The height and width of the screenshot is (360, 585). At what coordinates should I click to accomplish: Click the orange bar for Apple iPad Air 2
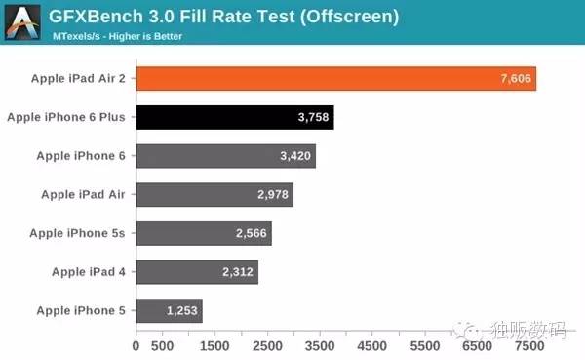(x=335, y=79)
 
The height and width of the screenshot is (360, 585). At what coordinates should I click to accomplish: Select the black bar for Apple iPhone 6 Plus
(x=234, y=118)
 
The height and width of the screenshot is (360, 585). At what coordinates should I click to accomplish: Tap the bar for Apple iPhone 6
(x=225, y=156)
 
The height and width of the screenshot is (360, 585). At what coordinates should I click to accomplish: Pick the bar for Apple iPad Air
(x=214, y=195)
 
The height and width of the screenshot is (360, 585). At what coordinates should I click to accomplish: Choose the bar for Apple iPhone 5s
(x=204, y=234)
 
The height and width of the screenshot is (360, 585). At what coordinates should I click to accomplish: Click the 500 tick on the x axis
(x=163, y=345)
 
